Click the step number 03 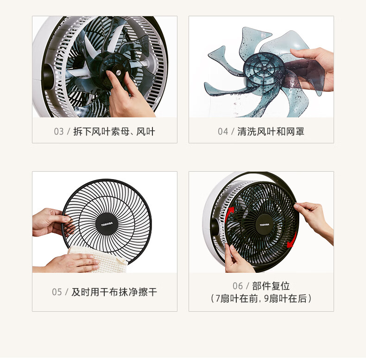59,131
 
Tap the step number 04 223,131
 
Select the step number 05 57,292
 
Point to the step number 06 238,286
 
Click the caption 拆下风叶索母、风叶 114,131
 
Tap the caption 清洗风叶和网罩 271,131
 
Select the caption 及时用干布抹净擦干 114,292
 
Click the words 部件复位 271,286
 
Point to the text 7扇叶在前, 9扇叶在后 261,298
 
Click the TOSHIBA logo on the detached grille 107,224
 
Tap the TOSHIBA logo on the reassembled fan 265,225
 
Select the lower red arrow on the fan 293,240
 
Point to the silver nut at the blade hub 119,72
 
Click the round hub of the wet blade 264,68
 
